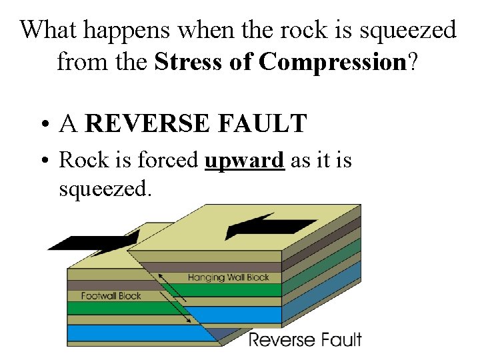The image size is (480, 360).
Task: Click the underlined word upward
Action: (x=245, y=161)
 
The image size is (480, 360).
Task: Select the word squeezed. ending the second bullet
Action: (x=106, y=189)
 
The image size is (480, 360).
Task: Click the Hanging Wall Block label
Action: (x=228, y=277)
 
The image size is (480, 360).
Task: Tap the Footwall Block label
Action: (x=111, y=295)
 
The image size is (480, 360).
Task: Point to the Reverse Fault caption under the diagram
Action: (x=305, y=339)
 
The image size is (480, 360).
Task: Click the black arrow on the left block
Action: (x=93, y=241)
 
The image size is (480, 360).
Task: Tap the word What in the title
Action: (x=47, y=30)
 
